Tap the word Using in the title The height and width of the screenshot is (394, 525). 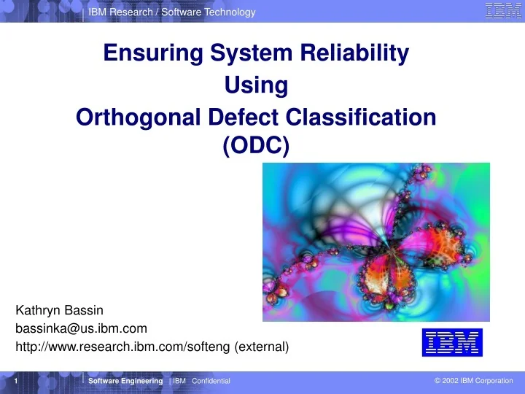point(256,85)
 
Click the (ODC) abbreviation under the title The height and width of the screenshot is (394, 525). point(256,146)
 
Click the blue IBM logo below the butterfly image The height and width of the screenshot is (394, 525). point(452,342)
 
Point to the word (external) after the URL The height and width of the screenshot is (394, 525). point(262,348)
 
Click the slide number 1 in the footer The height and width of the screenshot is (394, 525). point(16,382)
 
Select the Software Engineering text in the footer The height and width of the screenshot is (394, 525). point(125,382)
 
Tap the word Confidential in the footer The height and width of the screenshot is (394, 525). point(211,382)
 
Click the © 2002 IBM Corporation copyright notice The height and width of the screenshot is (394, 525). point(472,381)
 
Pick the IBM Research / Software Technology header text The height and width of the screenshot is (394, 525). point(171,12)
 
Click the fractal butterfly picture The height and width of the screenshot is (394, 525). point(376,242)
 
